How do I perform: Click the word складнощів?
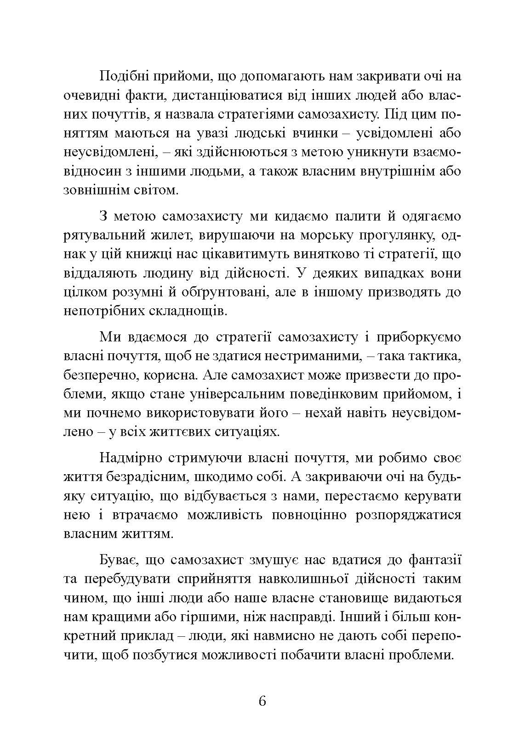coord(189,311)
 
